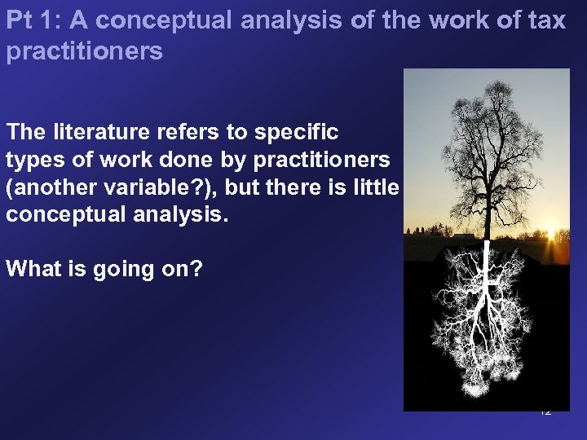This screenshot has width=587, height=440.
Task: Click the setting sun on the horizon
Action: click(x=560, y=235)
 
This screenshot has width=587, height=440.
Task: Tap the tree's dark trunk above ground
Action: click(x=486, y=204)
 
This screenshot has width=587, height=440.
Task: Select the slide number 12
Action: click(x=545, y=411)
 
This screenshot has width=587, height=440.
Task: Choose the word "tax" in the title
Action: click(x=546, y=21)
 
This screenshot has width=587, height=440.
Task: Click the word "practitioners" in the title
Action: click(x=84, y=51)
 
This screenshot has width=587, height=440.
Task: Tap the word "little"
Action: click(x=374, y=187)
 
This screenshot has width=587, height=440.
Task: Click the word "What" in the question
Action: click(x=31, y=270)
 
